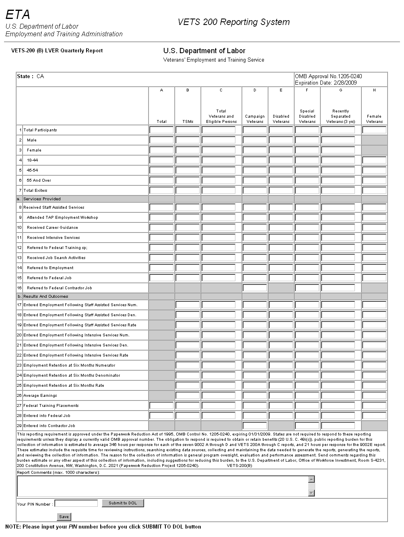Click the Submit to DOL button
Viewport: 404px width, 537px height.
pos(123,503)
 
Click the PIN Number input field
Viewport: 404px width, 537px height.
pos(76,504)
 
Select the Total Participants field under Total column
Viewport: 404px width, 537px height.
pos(161,130)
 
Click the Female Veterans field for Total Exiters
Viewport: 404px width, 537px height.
pos(374,191)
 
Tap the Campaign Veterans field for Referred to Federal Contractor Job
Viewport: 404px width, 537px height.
pos(255,288)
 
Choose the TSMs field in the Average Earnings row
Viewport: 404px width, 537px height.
pos(188,396)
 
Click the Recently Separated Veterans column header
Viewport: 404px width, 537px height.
pos(340,116)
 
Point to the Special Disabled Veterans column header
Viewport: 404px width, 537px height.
pos(307,116)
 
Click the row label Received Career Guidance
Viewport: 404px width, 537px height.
pos(52,228)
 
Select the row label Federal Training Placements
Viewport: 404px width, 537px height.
pos(51,406)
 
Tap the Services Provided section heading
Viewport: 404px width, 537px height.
pos(42,199)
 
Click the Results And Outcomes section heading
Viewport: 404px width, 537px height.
pos(45,296)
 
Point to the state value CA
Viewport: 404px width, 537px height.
pos(40,77)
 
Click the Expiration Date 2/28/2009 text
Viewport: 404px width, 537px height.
pos(326,83)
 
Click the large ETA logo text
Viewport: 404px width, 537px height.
pos(18,15)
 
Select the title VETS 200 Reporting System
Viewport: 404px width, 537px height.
pos(233,22)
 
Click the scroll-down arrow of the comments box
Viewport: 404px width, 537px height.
pos(311,493)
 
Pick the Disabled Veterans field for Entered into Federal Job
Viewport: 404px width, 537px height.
pos(281,416)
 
